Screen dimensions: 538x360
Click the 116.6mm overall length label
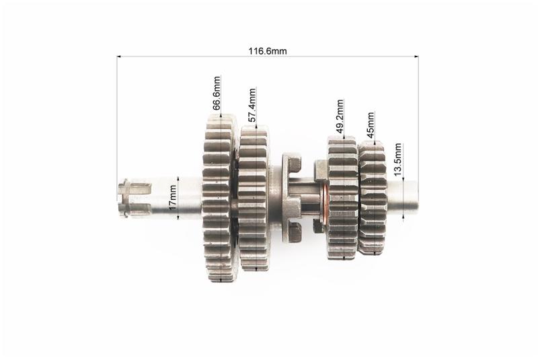point(268,51)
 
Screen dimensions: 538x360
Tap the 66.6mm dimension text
point(217,94)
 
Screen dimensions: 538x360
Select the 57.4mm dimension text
point(252,106)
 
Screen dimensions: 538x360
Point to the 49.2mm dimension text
point(340,116)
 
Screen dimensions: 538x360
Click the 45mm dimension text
point(371,125)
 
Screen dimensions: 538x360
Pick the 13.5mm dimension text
point(397,159)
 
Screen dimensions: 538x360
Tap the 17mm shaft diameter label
point(173,197)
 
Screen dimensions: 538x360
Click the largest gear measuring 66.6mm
point(220,198)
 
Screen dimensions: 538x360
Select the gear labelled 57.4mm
point(254,198)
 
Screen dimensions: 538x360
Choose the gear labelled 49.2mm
point(343,198)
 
